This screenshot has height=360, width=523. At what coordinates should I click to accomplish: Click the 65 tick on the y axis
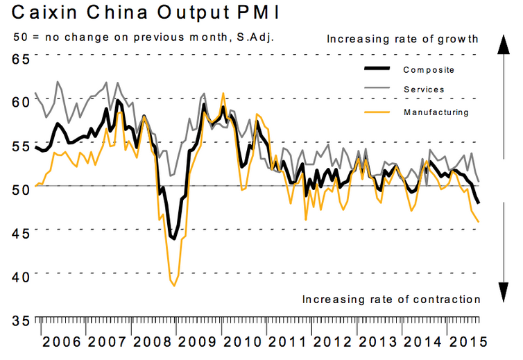19,58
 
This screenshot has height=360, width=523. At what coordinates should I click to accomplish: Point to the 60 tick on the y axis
19,101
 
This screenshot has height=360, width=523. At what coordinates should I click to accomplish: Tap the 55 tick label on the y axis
19,145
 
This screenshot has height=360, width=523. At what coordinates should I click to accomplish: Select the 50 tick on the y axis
19,189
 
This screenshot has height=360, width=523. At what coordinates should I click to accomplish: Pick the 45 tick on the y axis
19,232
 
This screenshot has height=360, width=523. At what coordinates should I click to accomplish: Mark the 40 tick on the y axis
19,276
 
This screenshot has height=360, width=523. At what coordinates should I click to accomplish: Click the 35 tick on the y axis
19,320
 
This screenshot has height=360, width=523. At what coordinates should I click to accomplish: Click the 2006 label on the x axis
61,342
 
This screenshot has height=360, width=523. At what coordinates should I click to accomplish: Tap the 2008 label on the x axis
151,342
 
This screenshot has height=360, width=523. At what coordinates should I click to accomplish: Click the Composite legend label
429,69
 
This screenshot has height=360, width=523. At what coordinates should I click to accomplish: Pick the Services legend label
424,89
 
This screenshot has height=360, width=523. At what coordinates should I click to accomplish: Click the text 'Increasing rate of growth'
403,39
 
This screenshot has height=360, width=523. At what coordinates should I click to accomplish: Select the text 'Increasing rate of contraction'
391,299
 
